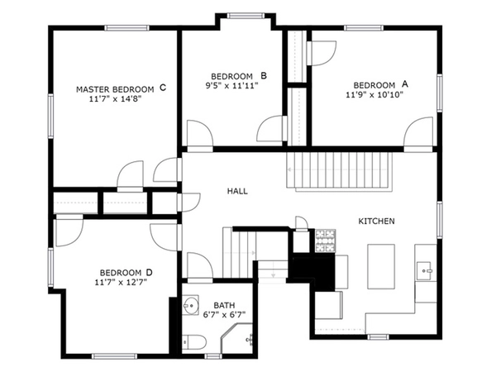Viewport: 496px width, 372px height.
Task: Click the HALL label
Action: [237, 192]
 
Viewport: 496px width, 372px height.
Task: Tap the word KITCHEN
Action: [375, 222]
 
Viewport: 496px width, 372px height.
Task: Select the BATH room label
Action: [224, 305]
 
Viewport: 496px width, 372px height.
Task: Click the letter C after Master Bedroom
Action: [163, 88]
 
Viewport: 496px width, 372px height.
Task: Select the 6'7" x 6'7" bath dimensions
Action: [225, 315]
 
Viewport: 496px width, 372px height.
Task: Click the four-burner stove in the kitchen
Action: [324, 241]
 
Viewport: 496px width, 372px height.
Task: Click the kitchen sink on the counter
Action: [425, 269]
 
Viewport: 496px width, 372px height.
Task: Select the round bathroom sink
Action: [191, 303]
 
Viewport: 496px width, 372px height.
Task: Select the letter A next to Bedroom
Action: [405, 84]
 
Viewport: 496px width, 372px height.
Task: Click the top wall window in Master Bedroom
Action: [125, 28]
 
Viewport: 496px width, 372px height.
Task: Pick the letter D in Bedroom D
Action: [149, 272]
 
